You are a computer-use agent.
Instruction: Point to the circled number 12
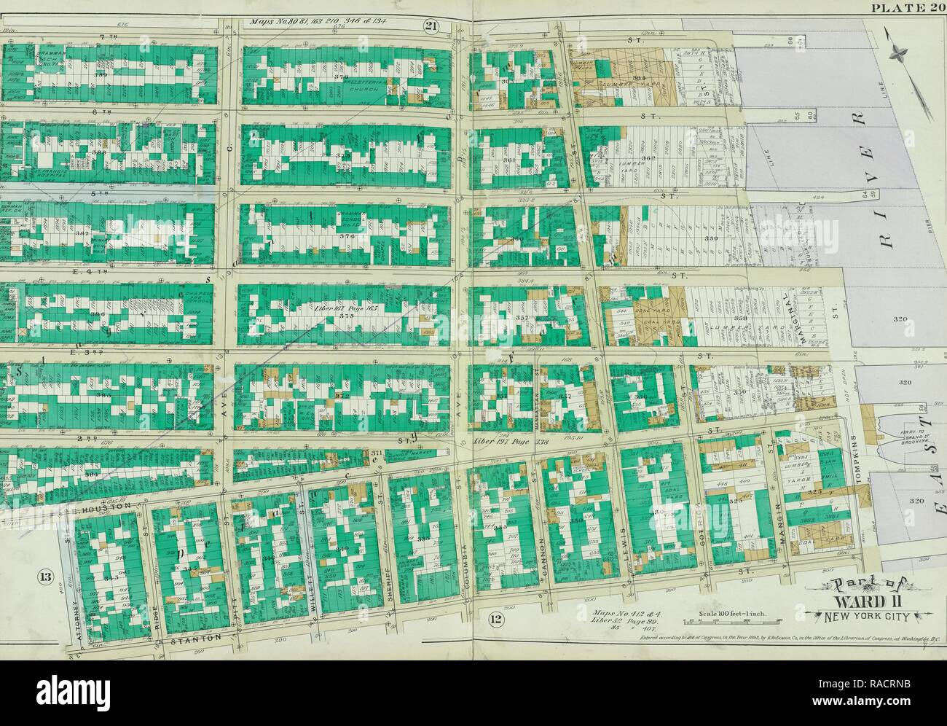point(496,620)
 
